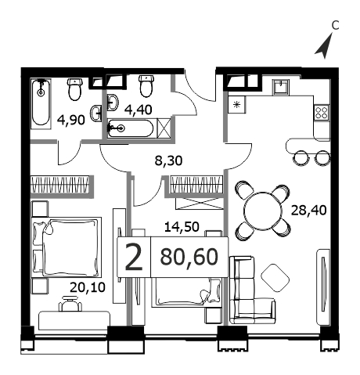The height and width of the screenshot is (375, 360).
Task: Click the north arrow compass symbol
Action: point(325,47)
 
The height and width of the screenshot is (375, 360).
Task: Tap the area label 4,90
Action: point(71,121)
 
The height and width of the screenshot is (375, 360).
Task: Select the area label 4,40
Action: point(139,110)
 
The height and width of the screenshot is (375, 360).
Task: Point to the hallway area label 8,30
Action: point(168,160)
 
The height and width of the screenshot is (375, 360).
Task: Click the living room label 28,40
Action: point(308,210)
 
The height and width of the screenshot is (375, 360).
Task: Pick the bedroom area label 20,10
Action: point(88,287)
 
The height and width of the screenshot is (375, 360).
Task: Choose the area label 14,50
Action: point(182,227)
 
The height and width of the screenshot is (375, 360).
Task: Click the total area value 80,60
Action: point(189,257)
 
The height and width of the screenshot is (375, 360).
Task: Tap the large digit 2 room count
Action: point(134,257)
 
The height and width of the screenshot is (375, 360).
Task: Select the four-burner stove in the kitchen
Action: point(322,113)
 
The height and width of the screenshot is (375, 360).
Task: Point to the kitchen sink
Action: point(281,87)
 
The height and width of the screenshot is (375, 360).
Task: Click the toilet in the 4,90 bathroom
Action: point(75,89)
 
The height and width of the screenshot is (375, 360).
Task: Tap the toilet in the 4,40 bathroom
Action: point(146,86)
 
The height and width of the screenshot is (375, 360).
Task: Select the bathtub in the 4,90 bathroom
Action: point(41,103)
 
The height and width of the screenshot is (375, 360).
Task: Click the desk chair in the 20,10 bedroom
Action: point(70,304)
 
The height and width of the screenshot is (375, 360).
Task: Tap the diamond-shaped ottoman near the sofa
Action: point(275,278)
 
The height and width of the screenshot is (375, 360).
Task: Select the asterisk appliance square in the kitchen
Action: point(236,105)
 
